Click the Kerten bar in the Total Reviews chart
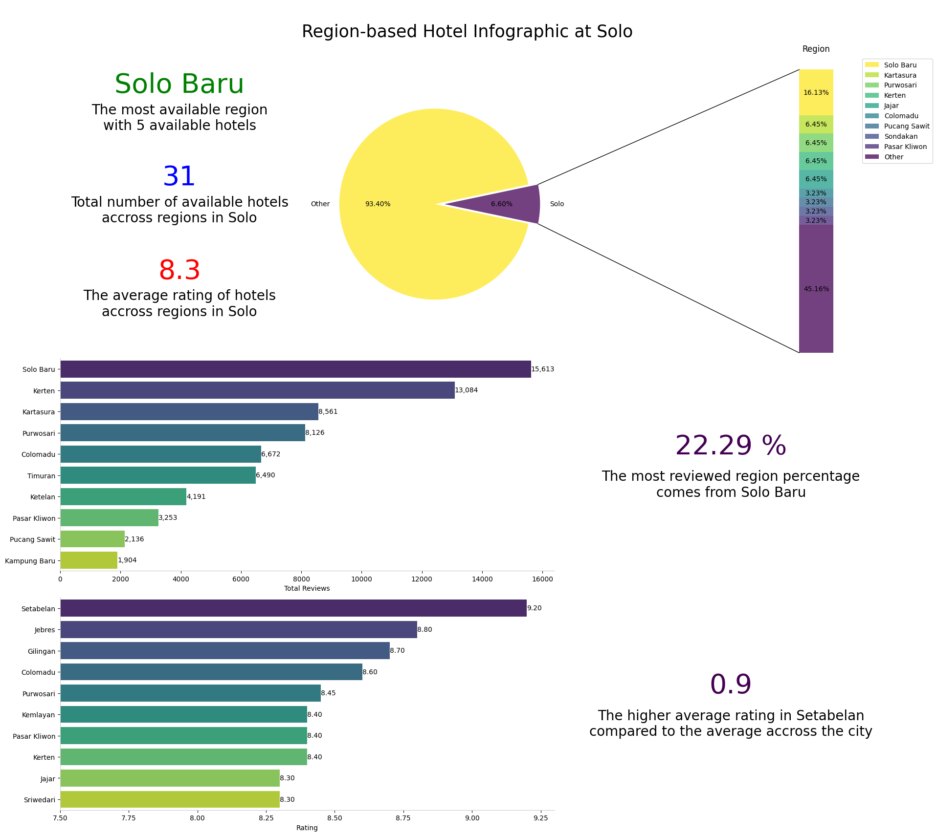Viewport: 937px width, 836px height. click(x=257, y=390)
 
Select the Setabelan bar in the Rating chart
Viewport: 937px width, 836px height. click(x=293, y=608)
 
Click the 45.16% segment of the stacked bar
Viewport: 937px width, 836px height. click(x=816, y=289)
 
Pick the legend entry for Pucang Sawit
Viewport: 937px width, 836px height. click(x=906, y=126)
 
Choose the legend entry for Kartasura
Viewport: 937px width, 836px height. click(x=900, y=75)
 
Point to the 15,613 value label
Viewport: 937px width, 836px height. click(x=543, y=369)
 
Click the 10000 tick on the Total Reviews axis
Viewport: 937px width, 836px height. click(x=361, y=579)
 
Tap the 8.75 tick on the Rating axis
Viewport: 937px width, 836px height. click(x=403, y=819)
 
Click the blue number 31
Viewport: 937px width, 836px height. click(x=179, y=177)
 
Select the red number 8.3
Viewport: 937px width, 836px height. click(x=179, y=271)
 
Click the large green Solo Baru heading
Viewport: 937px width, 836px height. click(x=179, y=84)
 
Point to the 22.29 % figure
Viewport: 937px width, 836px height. click(x=730, y=446)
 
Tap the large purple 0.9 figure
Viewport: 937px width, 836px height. click(x=730, y=685)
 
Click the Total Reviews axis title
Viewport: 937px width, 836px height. click(x=307, y=589)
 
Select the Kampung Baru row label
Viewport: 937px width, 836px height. click(x=30, y=561)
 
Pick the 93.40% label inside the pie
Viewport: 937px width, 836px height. click(x=378, y=204)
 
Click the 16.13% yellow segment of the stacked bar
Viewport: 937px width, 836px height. click(x=816, y=92)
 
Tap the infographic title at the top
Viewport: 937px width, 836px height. click(x=467, y=32)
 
